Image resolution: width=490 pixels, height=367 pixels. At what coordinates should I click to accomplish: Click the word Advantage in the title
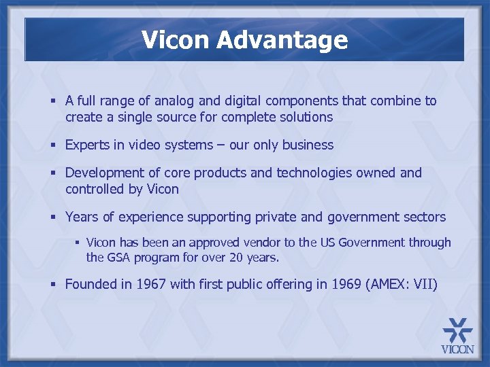coord(282,41)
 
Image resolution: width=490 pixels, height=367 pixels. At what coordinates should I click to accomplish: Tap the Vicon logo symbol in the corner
coord(457,330)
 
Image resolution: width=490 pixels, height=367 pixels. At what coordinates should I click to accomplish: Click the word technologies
coord(315,173)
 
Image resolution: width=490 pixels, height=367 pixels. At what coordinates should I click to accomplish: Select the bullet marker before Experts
coord(53,145)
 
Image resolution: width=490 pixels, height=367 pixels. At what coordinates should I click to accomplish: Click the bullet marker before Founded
coord(53,285)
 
